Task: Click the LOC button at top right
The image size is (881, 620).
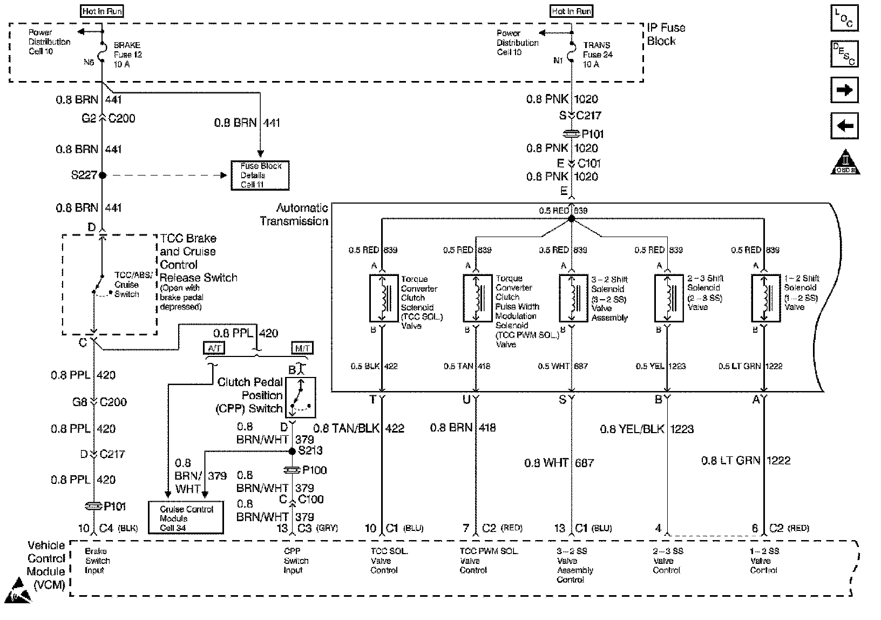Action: (x=844, y=19)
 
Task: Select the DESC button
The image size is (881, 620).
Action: (x=844, y=53)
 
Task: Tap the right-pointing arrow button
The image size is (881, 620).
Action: (x=844, y=90)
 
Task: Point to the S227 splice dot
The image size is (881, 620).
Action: (x=103, y=175)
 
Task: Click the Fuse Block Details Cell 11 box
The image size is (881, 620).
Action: (x=260, y=176)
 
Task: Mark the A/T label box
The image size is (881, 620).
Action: (x=214, y=348)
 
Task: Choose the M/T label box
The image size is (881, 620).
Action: (x=302, y=348)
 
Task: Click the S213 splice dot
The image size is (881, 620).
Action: (x=293, y=450)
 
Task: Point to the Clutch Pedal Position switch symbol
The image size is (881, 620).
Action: (x=300, y=397)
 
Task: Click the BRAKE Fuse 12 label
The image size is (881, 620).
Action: (x=127, y=55)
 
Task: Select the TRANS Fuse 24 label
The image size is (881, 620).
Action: (x=597, y=55)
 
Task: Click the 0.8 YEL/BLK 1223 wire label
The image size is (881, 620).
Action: (x=647, y=429)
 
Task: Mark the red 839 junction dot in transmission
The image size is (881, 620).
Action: (x=572, y=219)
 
